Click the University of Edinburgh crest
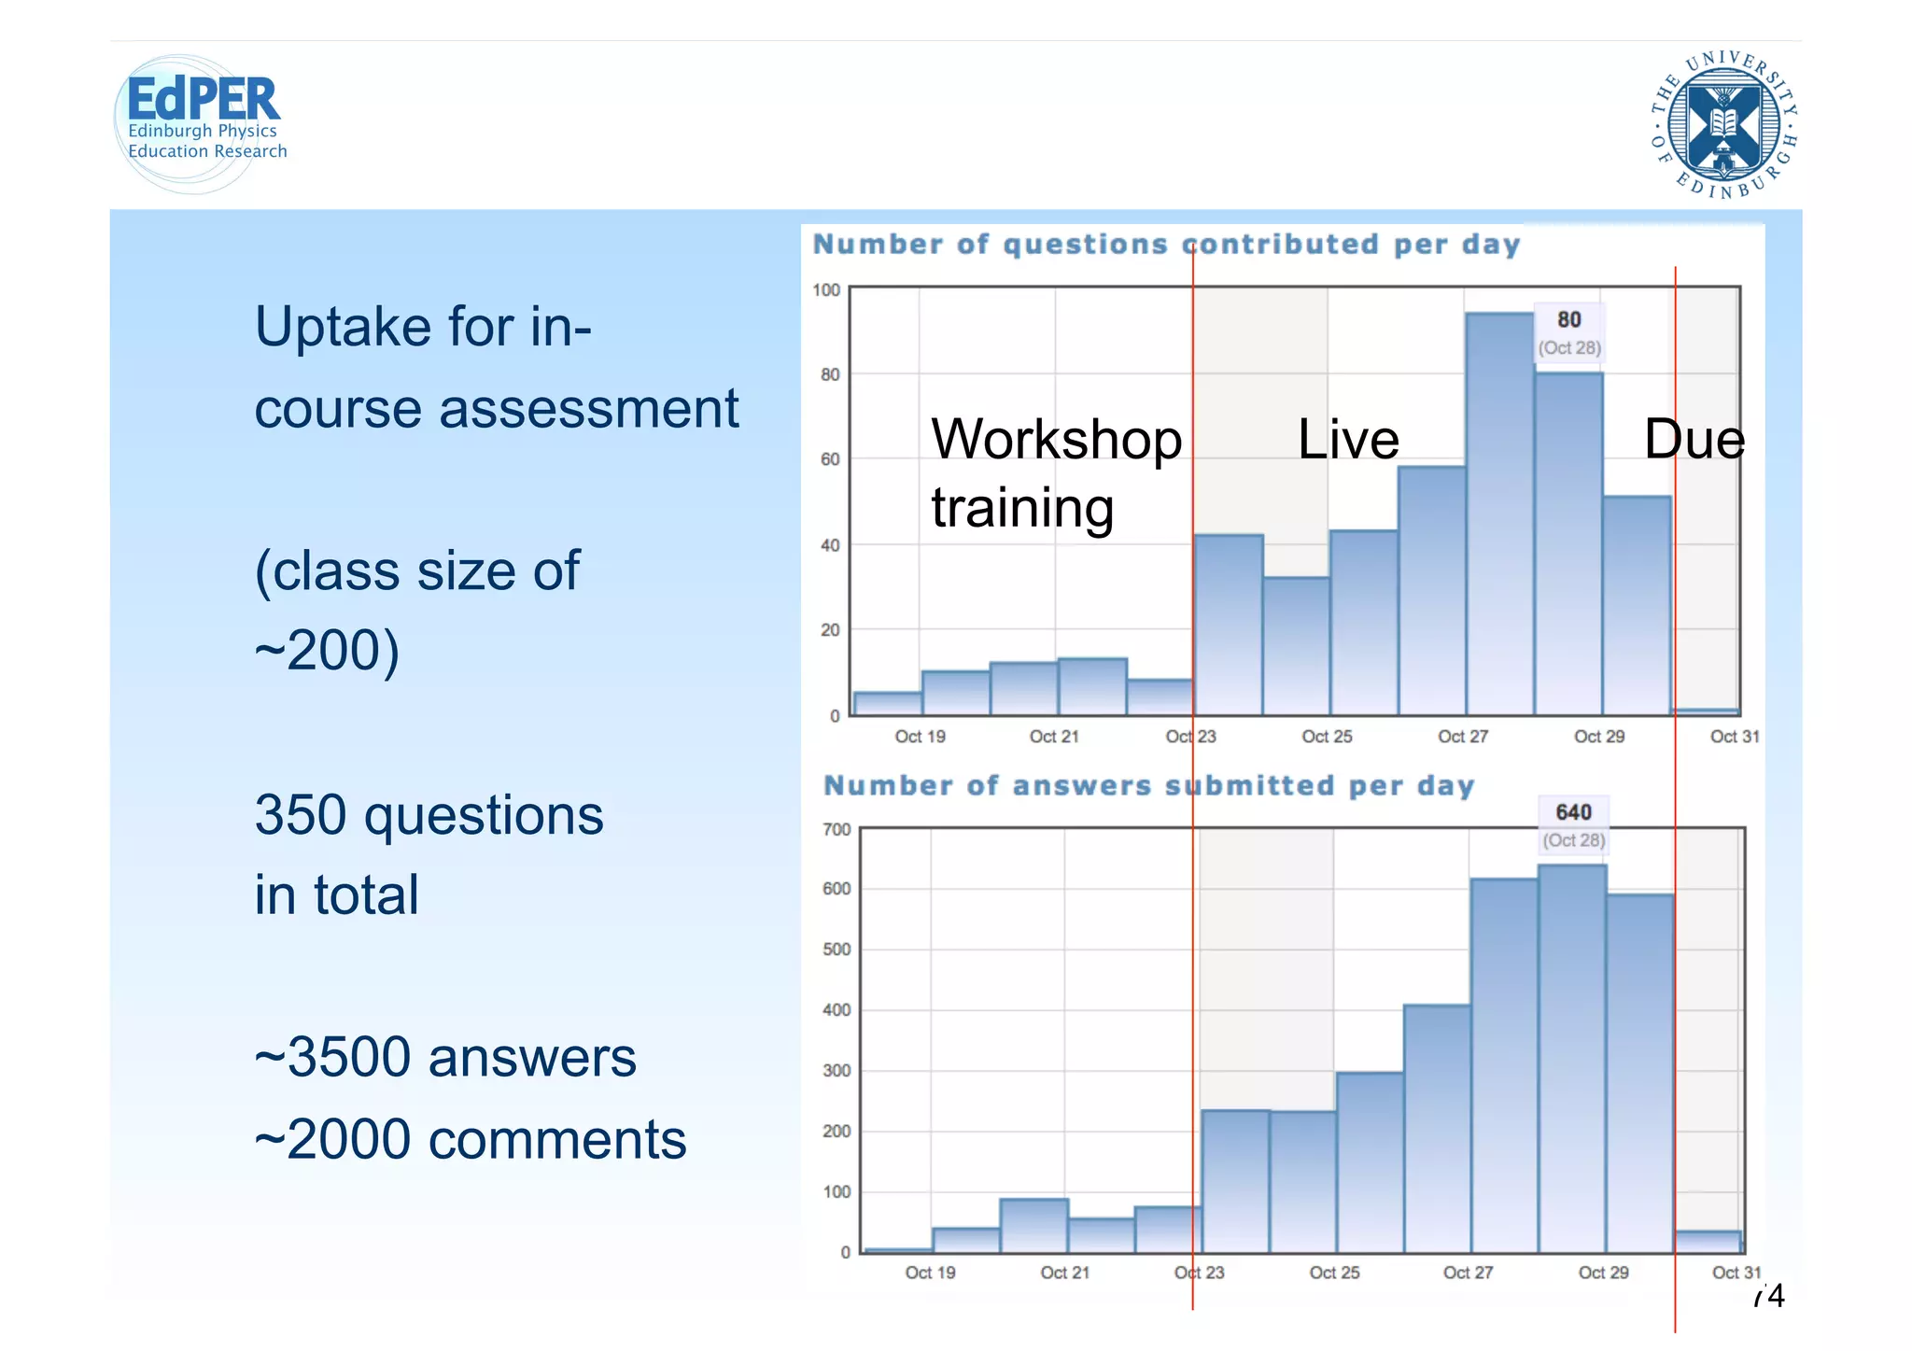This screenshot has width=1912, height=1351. click(x=1723, y=124)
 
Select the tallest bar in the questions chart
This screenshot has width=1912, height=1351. click(x=1499, y=514)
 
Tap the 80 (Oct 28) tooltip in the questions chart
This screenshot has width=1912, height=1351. click(x=1569, y=332)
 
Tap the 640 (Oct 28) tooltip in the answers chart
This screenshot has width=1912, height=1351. click(x=1573, y=824)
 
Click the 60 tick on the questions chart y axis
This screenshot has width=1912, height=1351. click(x=829, y=459)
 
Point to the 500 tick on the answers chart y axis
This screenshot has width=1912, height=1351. click(x=836, y=950)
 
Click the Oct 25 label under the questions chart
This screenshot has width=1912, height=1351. click(x=1327, y=737)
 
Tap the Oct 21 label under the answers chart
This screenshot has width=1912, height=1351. click(x=1064, y=1273)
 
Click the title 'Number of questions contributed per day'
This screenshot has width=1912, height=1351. click(x=1166, y=245)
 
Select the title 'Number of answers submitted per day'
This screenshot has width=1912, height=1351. click(x=1148, y=786)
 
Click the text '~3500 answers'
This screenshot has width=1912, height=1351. click(x=445, y=1058)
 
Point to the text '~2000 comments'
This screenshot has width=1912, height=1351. click(x=471, y=1140)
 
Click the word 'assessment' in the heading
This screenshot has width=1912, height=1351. click(x=588, y=409)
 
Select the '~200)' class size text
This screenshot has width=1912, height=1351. click(x=327, y=651)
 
